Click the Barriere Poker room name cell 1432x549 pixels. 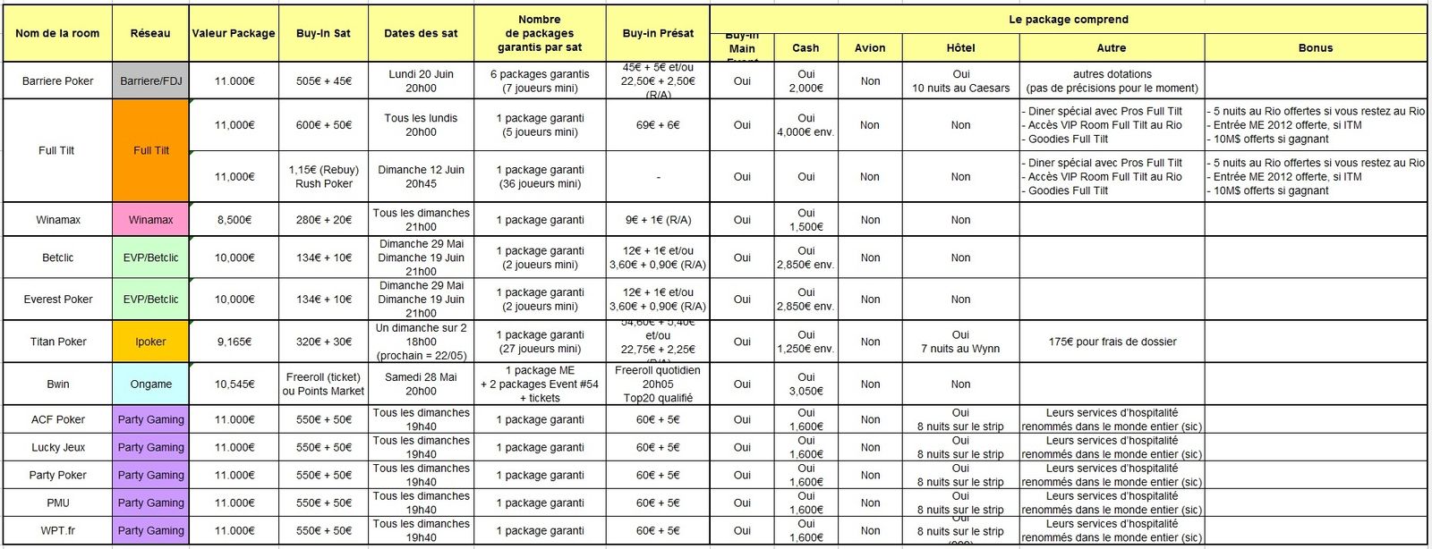tap(58, 81)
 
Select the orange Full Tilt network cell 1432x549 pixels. tap(150, 150)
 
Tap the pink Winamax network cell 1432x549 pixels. tap(150, 220)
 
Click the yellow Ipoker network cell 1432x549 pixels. tap(150, 342)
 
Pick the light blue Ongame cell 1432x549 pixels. tap(150, 384)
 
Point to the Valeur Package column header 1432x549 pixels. tap(234, 33)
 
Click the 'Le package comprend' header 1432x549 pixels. tap(1068, 19)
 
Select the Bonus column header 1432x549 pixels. tap(1315, 48)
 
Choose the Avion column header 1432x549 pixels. tap(869, 48)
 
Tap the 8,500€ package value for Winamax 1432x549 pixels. tap(234, 220)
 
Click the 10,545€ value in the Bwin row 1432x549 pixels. tap(234, 384)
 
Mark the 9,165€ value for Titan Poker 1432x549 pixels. tap(234, 342)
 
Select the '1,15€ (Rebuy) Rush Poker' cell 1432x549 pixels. tap(323, 177)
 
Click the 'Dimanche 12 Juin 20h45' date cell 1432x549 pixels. tap(421, 177)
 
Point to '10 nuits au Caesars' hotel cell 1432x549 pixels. tap(960, 81)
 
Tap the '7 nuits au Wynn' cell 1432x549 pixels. tap(960, 342)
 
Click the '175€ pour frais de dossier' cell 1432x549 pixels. tap(1112, 342)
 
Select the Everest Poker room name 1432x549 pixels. tap(58, 300)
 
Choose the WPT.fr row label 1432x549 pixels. tap(58, 531)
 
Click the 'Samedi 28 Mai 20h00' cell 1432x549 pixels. tap(421, 384)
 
